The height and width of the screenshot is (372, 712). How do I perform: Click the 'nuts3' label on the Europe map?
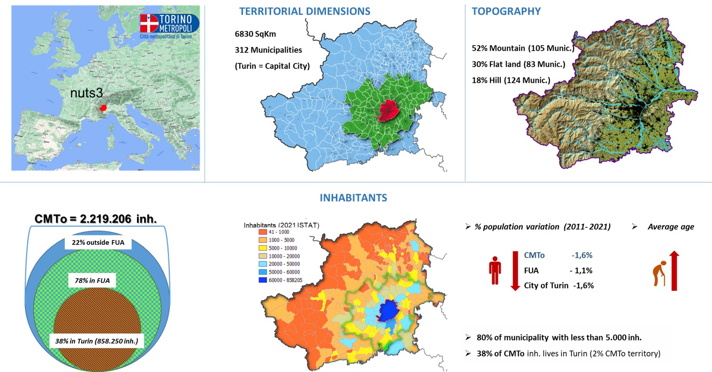pos(86,93)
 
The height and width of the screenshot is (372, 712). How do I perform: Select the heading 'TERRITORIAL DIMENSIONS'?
pos(304,12)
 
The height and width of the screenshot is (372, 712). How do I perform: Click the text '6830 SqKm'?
pos(252,34)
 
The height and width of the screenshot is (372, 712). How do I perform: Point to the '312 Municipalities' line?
pos(268,50)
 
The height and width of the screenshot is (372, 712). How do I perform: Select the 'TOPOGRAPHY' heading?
pos(506,12)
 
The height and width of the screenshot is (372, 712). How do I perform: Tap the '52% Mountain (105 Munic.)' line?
pos(523,48)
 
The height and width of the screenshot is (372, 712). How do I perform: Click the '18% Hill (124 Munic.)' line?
pos(511,80)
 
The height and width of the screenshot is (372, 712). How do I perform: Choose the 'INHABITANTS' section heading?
pos(353,198)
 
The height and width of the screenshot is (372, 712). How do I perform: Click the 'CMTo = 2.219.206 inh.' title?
pos(96,219)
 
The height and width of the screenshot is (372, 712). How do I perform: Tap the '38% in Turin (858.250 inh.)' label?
pos(97,341)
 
